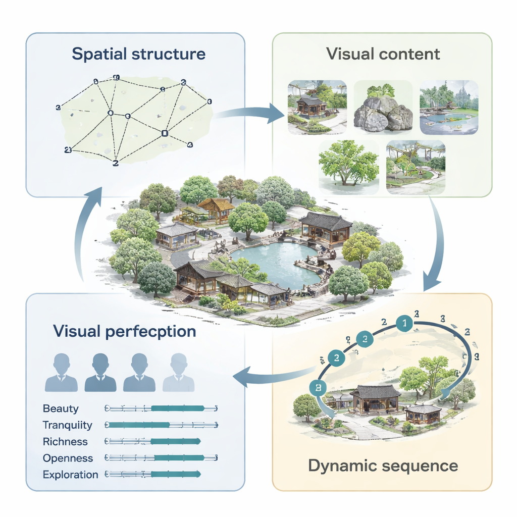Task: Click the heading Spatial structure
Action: pos(139,55)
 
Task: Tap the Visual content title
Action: pos(383,54)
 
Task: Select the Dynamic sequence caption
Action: pos(383,466)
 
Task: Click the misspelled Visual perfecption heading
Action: pos(124,332)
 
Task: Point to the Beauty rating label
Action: pos(61,408)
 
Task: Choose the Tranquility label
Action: pos(68,425)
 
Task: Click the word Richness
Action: pos(65,442)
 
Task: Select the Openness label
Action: pos(68,458)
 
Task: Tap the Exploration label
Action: pos(70,475)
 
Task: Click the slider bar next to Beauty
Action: pos(161,408)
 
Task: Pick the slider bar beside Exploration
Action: pos(153,475)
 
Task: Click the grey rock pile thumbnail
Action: pos(383,108)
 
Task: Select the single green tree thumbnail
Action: pos(348,165)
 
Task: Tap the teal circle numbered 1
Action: pos(404,324)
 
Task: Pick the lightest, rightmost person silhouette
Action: pos(178,373)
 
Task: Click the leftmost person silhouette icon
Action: pos(61,373)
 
